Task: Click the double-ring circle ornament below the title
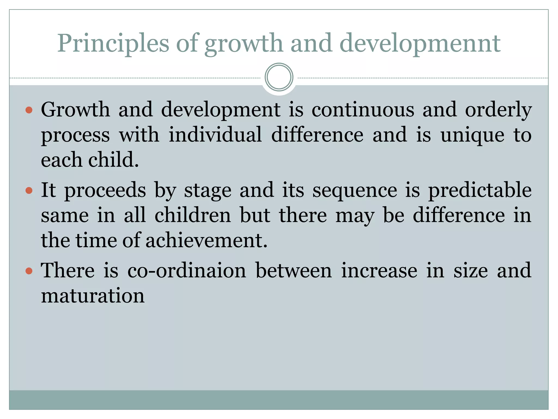click(279, 77)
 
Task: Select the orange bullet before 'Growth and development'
click(29, 110)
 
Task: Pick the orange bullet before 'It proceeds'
click(29, 190)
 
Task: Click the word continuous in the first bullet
click(363, 109)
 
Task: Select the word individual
click(215, 134)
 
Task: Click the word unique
click(472, 134)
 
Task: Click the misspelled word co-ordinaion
click(187, 270)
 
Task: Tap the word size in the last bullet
click(471, 270)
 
